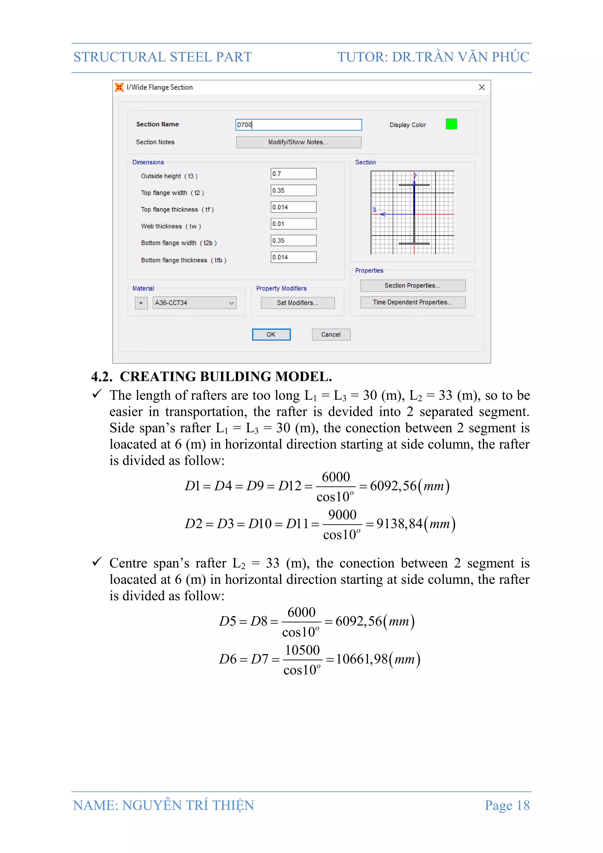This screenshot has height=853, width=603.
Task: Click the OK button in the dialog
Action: [271, 334]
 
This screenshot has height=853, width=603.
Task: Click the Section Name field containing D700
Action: [299, 125]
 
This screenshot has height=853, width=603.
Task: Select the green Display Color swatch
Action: [451, 124]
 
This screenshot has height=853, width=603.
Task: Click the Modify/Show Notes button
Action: [299, 142]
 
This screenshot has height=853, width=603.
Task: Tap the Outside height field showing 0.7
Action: [293, 174]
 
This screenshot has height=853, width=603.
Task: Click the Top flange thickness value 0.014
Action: [293, 207]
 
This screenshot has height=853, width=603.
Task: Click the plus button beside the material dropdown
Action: [141, 303]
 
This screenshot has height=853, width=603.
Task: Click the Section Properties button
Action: [413, 286]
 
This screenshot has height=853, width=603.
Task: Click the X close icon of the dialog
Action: [482, 87]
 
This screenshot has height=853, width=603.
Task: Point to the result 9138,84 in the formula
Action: [400, 524]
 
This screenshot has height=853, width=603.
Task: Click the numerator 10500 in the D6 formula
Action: [302, 650]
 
